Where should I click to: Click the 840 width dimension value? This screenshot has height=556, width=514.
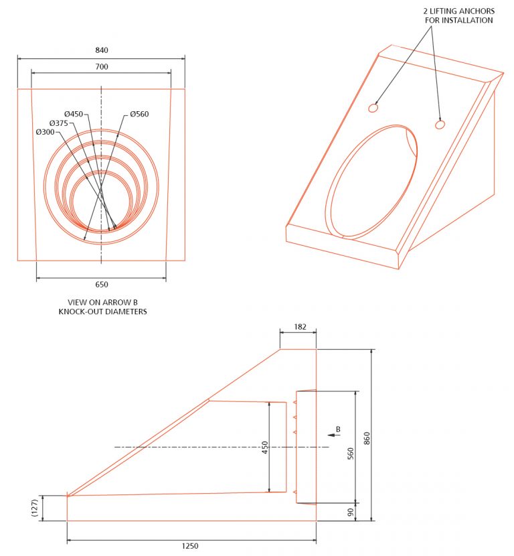click(101, 50)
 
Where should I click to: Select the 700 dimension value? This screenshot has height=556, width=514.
click(101, 66)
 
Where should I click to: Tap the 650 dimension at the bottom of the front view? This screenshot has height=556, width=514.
click(101, 284)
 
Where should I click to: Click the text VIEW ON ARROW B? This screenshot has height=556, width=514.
click(102, 302)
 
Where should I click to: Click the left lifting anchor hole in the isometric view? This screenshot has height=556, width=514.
click(373, 108)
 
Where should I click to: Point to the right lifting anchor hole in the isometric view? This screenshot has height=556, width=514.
click(440, 125)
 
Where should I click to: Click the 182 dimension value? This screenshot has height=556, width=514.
click(298, 327)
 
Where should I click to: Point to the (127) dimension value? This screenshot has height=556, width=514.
click(34, 508)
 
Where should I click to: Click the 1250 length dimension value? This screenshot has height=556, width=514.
click(190, 545)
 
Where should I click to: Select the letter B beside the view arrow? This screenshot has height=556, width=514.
click(338, 429)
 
